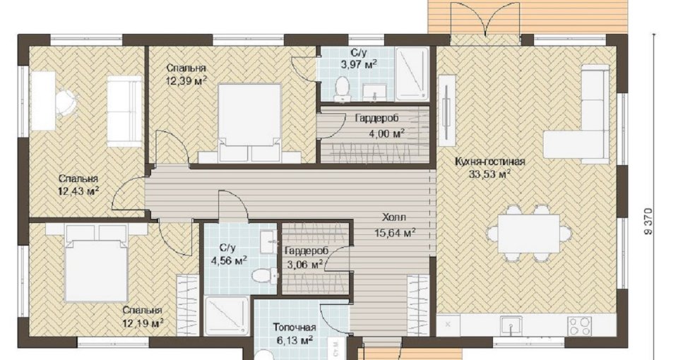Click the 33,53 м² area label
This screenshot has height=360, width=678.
pyautogui.click(x=490, y=174)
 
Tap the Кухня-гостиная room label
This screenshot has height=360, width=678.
pyautogui.click(x=490, y=162)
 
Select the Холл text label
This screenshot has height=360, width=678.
pyautogui.click(x=394, y=217)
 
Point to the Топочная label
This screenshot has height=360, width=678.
pyautogui.click(x=294, y=328)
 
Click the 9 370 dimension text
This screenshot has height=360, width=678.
pyautogui.click(x=648, y=222)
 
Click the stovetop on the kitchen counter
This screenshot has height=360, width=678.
pyautogui.click(x=580, y=325)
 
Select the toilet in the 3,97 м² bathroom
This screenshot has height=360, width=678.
pyautogui.click(x=342, y=88)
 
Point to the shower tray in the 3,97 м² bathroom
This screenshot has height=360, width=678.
pyautogui.click(x=412, y=73)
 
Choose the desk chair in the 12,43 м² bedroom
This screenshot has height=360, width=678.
pyautogui.click(x=66, y=102)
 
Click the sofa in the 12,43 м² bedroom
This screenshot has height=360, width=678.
pyautogui.click(x=124, y=111)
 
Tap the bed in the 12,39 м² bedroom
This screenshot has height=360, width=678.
pyautogui.click(x=249, y=123)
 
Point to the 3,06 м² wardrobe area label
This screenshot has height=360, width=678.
pyautogui.click(x=304, y=263)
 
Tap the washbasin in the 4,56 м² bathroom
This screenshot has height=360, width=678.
pyautogui.click(x=268, y=242)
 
